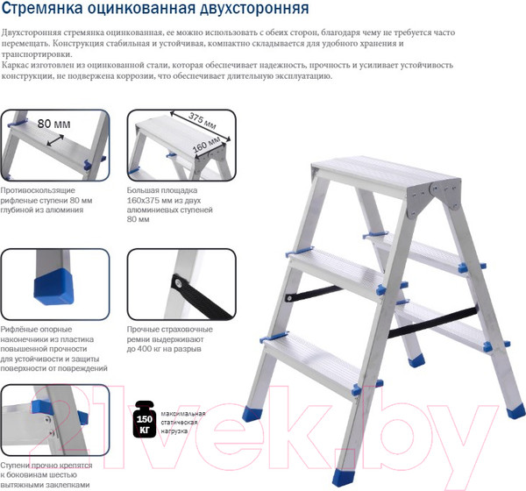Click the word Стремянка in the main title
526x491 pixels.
click(42, 8)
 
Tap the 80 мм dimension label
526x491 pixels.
click(54, 124)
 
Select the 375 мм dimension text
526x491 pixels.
click(202, 120)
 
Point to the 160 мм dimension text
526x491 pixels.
click(206, 145)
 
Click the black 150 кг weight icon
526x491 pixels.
click(145, 419)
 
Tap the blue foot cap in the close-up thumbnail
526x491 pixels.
click(54, 286)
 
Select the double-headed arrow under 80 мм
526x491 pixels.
click(55, 140)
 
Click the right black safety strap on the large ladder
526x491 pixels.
click(433, 322)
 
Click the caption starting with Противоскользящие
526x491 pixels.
click(46, 200)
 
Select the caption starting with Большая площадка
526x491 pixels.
click(170, 204)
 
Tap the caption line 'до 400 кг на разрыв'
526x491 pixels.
click(164, 349)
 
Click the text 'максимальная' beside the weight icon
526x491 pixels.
click(183, 414)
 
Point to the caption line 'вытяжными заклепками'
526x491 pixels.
click(45, 485)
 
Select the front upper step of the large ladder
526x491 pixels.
click(336, 272)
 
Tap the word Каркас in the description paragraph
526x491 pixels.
click(14, 65)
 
